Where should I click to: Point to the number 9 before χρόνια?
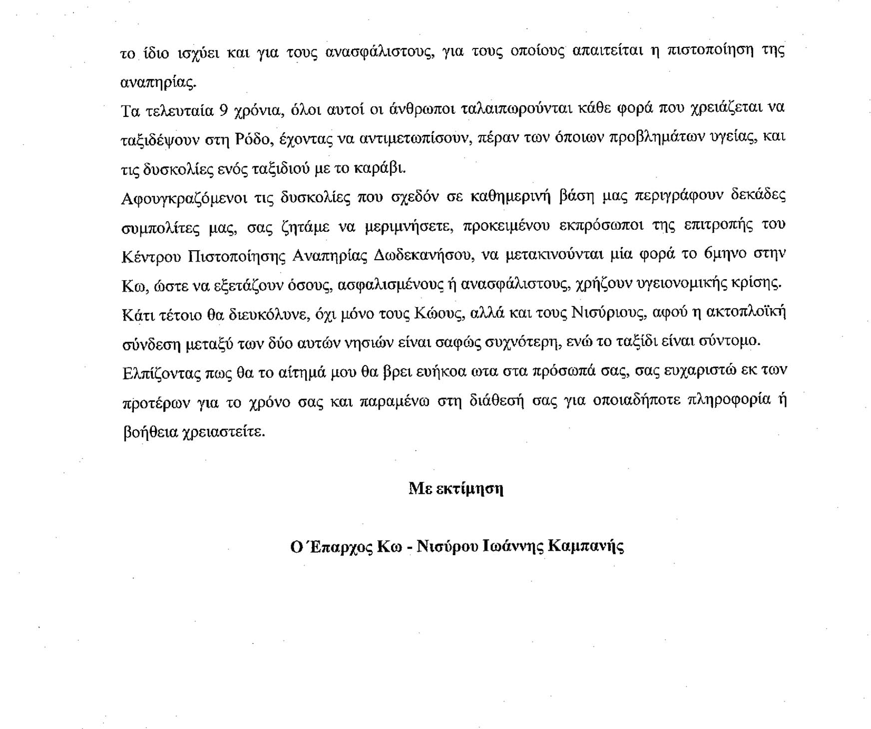coord(224,110)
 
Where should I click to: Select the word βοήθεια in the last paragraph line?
coord(149,431)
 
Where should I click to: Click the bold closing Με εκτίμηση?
coord(455,488)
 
